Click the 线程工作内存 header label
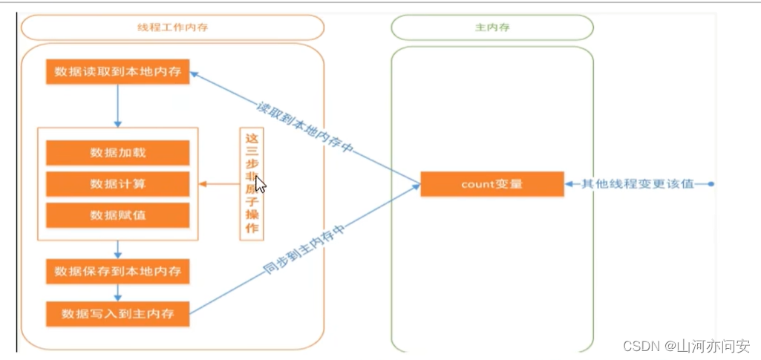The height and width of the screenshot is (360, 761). (x=172, y=27)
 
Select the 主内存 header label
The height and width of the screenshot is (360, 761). (x=491, y=27)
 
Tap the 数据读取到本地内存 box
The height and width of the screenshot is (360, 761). (x=117, y=73)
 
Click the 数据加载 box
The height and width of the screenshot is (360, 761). (x=117, y=152)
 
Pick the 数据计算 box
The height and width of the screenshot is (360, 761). (x=117, y=183)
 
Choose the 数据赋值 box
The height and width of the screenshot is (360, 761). (x=117, y=215)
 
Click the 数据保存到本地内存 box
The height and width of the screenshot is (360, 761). (x=117, y=272)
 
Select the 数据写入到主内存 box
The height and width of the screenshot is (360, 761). (x=117, y=313)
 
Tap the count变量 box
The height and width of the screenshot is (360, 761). (x=491, y=183)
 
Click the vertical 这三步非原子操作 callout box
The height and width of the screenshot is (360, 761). (x=252, y=183)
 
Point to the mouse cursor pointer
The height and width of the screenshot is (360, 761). (x=260, y=183)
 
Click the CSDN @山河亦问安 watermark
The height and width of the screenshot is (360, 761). (x=686, y=346)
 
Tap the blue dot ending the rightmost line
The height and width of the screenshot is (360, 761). (x=711, y=183)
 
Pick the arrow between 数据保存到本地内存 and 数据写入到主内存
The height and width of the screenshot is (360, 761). (x=117, y=292)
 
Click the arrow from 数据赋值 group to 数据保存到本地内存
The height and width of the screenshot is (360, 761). (x=117, y=249)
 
